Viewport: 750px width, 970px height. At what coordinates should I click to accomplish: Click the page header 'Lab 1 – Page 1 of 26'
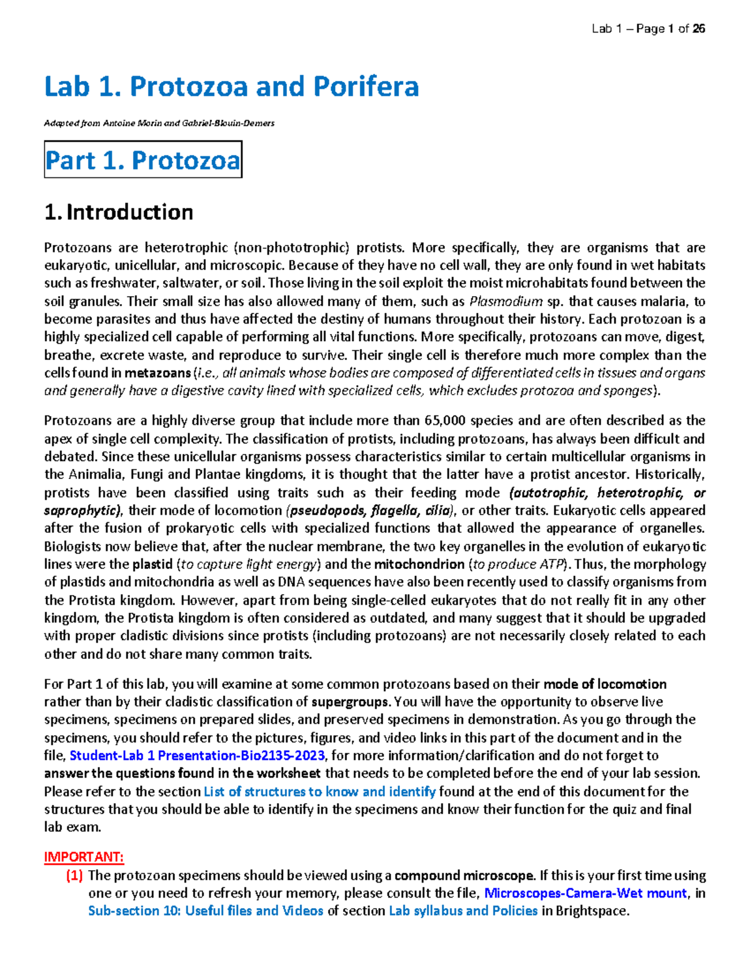(x=648, y=29)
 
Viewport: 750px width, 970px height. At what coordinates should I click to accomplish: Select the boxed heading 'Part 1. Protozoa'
(x=142, y=161)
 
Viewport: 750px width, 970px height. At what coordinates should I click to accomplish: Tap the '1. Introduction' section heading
(x=119, y=212)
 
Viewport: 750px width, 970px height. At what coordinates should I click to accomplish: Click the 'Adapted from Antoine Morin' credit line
(x=159, y=123)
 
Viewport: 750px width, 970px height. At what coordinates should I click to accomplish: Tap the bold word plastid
(x=152, y=565)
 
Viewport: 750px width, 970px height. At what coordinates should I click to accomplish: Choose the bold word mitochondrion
(x=419, y=565)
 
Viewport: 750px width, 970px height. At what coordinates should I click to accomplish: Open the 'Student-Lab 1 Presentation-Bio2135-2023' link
(x=197, y=756)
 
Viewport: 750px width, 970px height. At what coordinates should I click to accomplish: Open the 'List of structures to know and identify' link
(x=319, y=792)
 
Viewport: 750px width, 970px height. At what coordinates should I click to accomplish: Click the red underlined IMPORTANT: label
(x=84, y=857)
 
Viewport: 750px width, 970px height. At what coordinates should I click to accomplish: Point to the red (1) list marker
(x=74, y=876)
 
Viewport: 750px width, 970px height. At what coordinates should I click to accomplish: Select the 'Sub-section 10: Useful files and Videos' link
(x=206, y=911)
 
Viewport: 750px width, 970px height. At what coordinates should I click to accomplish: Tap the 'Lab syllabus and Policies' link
(x=463, y=911)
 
